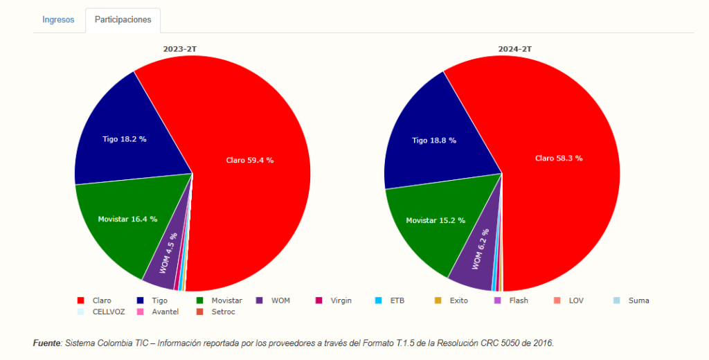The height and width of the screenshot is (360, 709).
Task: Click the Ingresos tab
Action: [58, 20]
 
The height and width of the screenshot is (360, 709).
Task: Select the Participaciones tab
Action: [123, 20]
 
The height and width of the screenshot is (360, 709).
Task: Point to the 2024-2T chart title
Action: [515, 49]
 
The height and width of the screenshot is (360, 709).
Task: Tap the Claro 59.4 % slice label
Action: [250, 160]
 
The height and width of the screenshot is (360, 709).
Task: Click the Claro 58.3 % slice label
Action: [559, 158]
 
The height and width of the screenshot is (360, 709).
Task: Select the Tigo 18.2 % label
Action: [125, 138]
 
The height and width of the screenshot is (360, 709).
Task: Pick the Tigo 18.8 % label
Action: [434, 140]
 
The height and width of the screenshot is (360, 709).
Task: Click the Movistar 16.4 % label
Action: [127, 219]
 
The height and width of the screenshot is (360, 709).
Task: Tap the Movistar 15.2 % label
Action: [436, 220]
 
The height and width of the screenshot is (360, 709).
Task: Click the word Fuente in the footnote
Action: [47, 343]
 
